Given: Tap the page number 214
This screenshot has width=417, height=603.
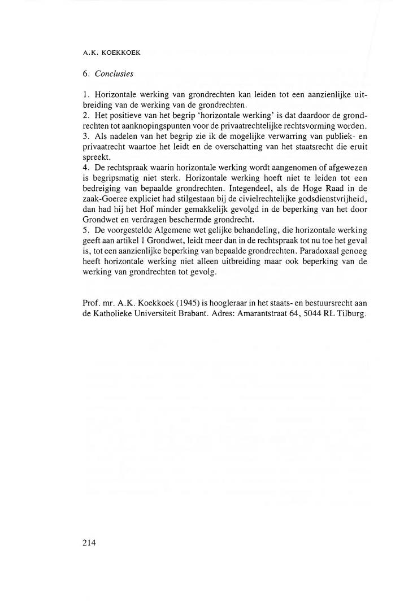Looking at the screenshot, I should click(89, 543).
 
